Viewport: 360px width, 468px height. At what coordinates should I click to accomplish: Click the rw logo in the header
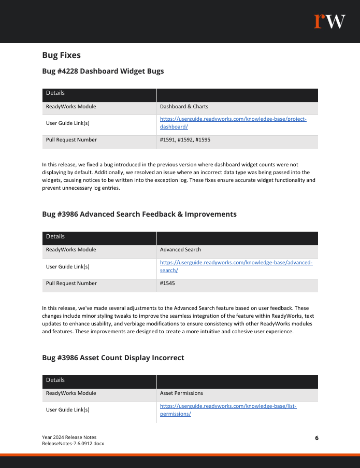pos(329,21)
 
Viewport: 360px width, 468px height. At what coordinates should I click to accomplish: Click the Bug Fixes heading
pos(61,55)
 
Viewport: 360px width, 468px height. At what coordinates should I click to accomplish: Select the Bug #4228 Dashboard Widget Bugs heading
pos(103,71)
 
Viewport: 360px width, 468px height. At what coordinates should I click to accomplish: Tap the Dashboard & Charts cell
pos(184,107)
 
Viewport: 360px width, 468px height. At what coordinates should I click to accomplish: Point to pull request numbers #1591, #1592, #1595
pos(185,140)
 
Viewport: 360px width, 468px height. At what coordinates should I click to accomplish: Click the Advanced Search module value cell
pos(180,250)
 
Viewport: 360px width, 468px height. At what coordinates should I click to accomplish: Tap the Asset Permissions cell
pos(181,393)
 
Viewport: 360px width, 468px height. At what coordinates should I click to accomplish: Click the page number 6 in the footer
pos(316,438)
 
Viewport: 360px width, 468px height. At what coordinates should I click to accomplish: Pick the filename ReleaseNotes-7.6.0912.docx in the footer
pos(73,444)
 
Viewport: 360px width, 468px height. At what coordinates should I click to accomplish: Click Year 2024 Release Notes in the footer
pos(69,437)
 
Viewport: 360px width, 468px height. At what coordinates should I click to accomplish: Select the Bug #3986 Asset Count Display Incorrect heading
pos(113,358)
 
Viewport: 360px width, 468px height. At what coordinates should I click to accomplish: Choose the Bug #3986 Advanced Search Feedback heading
pos(139,214)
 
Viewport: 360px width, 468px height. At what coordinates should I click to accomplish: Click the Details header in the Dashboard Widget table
pos(55,93)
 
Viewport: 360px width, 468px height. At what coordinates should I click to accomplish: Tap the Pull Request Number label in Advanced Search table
pos(71,283)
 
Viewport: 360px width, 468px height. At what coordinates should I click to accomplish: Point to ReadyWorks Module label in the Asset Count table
pos(71,393)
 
